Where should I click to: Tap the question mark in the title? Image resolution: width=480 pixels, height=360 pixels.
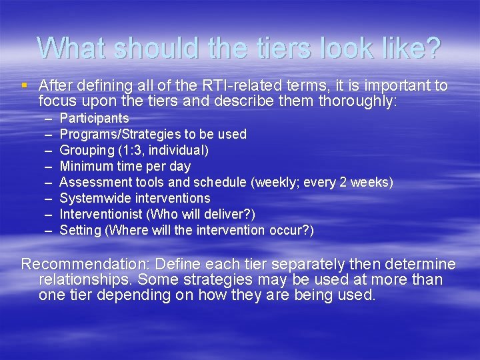(433, 48)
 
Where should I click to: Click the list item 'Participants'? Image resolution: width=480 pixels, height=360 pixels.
(94, 119)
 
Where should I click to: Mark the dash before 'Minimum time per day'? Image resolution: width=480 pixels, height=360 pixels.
(49, 167)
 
